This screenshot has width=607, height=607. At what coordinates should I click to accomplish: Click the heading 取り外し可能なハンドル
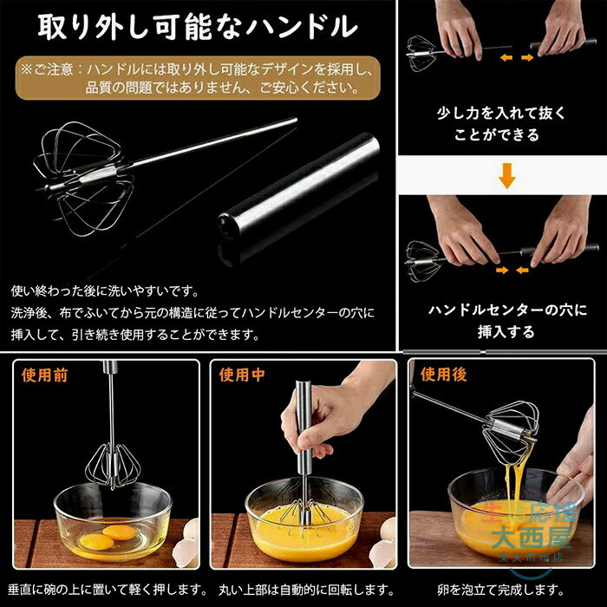(198, 27)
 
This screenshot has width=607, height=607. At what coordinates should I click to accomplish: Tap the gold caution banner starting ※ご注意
(198, 78)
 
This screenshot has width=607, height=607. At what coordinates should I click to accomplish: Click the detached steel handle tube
(298, 184)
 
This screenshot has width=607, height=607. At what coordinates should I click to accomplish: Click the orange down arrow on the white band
(506, 176)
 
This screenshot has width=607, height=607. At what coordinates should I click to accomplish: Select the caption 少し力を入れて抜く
(501, 113)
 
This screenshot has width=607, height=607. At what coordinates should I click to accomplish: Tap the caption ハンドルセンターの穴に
(507, 310)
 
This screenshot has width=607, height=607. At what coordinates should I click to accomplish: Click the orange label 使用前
(44, 375)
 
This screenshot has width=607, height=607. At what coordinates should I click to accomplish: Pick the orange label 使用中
(242, 375)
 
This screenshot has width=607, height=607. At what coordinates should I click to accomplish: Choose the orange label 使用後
(444, 375)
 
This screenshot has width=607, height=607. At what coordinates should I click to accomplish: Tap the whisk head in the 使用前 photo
(113, 466)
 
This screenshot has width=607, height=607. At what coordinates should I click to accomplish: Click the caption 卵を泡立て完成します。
(501, 590)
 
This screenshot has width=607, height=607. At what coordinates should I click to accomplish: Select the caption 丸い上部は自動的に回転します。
(307, 590)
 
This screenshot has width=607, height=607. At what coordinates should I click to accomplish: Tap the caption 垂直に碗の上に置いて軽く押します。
(108, 590)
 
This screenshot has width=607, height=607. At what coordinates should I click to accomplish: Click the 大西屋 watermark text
(531, 538)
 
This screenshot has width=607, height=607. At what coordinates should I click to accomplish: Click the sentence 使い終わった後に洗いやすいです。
(105, 290)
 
